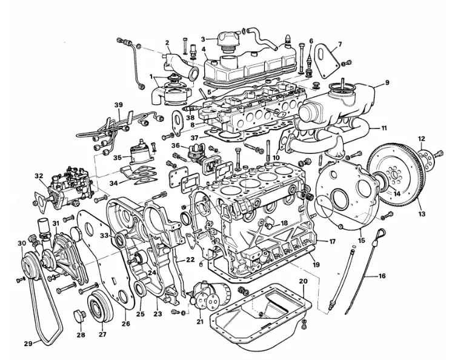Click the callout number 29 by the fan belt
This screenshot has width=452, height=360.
tap(27, 344)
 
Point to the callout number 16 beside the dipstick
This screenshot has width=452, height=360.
tap(382, 276)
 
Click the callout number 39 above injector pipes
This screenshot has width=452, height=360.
tap(118, 105)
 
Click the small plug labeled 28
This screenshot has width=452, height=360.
tap(78, 316)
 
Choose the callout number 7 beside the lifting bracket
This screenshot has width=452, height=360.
tap(339, 44)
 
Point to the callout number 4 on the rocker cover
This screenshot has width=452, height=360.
tap(204, 49)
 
